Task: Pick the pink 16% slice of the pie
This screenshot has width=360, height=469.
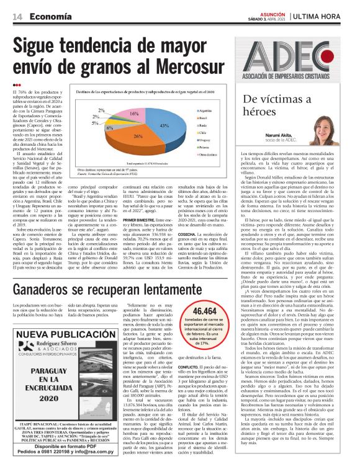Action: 135,114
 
